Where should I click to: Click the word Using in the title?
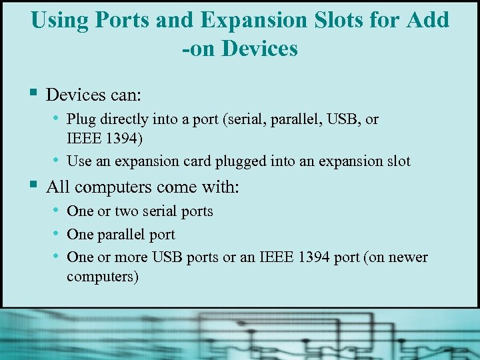(59, 20)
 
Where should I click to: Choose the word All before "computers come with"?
(57, 187)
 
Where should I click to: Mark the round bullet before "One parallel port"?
(57, 233)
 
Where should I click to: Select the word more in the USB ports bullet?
(132, 257)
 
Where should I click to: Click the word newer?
(408, 257)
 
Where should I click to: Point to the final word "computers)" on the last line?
(103, 276)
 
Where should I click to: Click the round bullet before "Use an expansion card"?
(57, 159)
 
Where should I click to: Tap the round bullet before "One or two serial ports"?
(57, 209)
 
